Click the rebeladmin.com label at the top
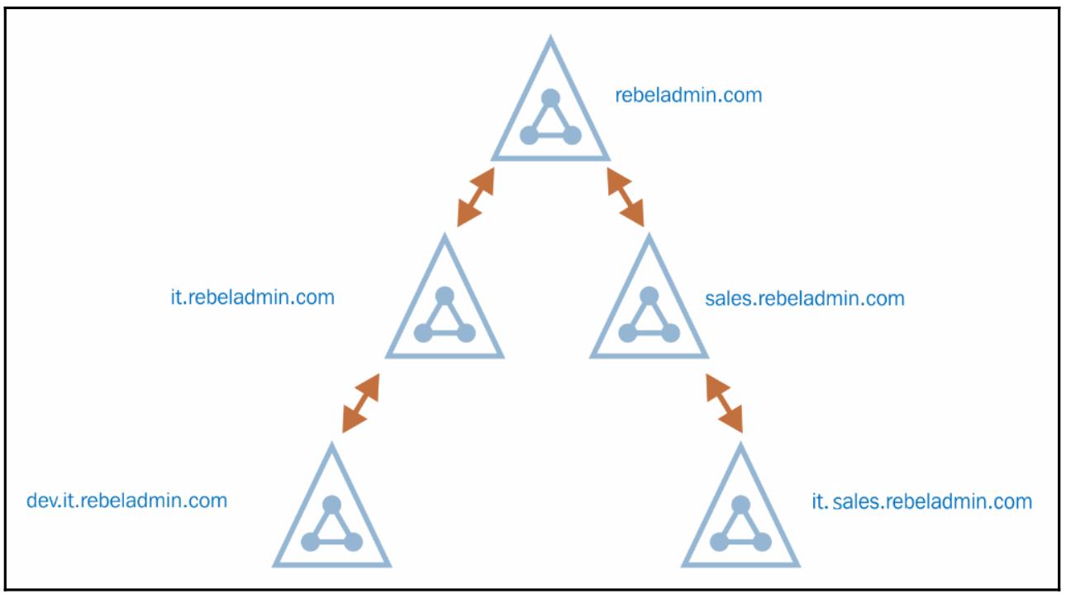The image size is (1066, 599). (688, 95)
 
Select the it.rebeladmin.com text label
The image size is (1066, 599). (252, 297)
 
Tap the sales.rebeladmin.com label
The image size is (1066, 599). (804, 297)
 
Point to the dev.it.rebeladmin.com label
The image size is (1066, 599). (126, 500)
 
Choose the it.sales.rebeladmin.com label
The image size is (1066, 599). (921, 501)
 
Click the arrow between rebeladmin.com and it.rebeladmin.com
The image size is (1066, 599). (476, 197)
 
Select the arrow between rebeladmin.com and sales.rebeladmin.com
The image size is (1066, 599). (626, 197)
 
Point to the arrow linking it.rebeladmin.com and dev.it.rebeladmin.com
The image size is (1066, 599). (361, 403)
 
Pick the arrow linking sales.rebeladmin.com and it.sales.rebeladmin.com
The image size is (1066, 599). (724, 403)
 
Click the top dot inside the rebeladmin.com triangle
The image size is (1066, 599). (551, 98)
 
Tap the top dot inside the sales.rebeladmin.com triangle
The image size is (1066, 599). (649, 295)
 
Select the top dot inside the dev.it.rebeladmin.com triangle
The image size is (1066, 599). (331, 504)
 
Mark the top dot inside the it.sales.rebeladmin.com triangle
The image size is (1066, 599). (741, 504)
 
